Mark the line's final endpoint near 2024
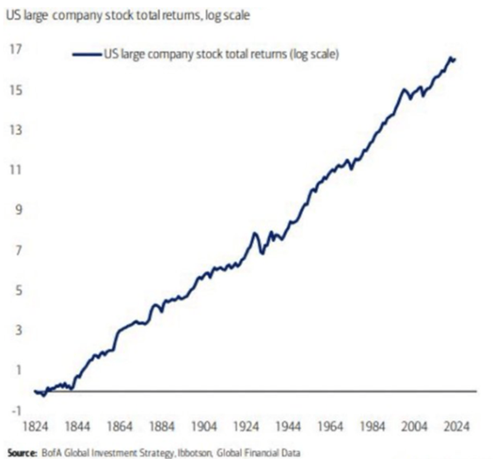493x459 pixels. click(x=455, y=60)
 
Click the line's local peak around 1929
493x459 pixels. click(x=255, y=233)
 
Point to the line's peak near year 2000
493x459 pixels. click(x=403, y=90)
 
